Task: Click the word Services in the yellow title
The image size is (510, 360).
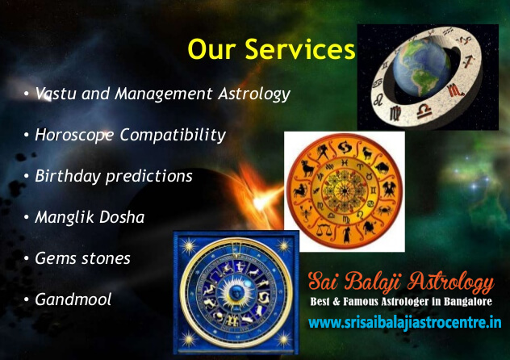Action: [x=299, y=49]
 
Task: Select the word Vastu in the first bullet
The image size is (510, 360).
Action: [x=56, y=94]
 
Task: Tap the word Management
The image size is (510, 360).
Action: [x=164, y=94]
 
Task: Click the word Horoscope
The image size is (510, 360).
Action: [x=74, y=136]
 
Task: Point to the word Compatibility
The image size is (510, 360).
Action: [x=173, y=136]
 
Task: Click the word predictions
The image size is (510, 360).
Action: [x=149, y=177]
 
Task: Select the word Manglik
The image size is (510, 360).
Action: [x=65, y=218]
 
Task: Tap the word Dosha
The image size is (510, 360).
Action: [x=122, y=217]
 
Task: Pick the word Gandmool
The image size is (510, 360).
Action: [x=73, y=299]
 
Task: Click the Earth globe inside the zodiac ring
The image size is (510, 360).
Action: [x=422, y=69]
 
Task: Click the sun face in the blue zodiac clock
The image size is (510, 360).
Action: [x=235, y=291]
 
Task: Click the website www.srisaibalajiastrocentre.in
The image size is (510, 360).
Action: [x=405, y=323]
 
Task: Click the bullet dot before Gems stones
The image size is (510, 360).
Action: [x=27, y=259]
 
